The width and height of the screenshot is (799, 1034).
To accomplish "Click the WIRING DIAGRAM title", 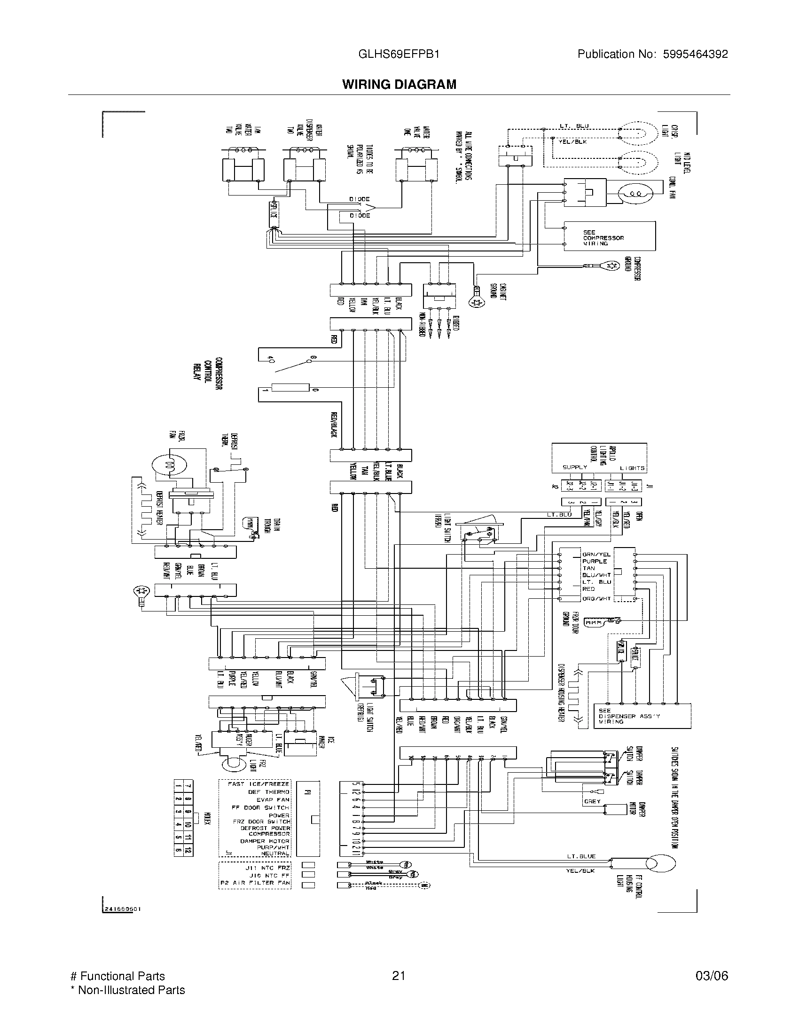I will (x=399, y=84).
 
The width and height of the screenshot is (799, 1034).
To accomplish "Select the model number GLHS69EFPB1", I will (x=399, y=54).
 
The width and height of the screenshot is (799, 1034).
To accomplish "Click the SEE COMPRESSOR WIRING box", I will (x=609, y=236).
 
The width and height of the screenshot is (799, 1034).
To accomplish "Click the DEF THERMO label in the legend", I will (x=268, y=792).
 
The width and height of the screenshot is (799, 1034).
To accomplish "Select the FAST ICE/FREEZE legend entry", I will (x=258, y=784).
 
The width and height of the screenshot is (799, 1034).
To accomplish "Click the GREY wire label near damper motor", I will (x=592, y=801).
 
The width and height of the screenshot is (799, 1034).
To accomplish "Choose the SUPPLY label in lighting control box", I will (x=575, y=467).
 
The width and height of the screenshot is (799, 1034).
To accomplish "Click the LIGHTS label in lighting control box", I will (x=632, y=468).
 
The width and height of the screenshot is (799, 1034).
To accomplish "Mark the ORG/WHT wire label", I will (x=596, y=599).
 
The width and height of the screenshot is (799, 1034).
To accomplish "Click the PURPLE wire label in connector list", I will (x=594, y=562).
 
